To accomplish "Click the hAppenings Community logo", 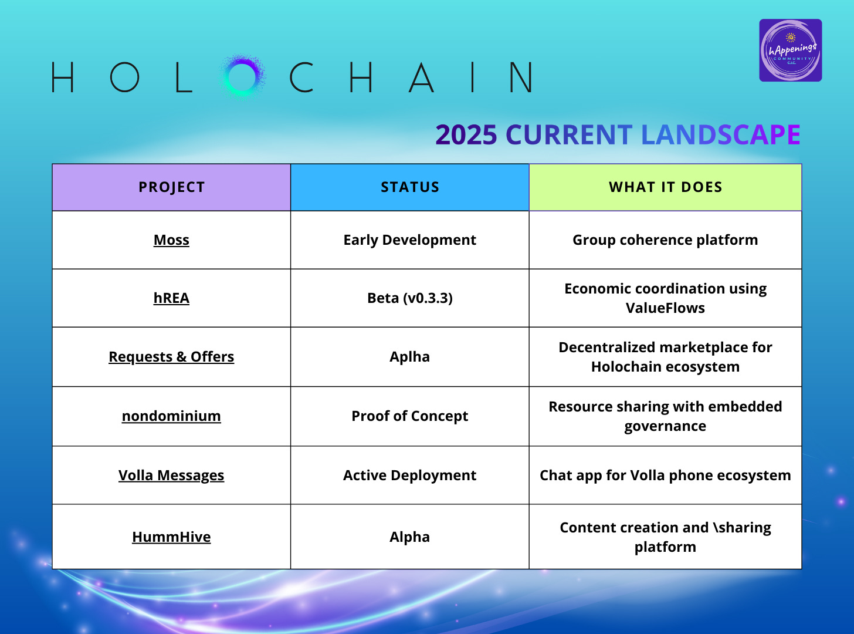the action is point(791,50).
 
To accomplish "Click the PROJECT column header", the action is point(171,187).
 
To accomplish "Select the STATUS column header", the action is point(409,187).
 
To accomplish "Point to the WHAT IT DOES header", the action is point(665,187).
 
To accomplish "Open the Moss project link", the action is point(171,240).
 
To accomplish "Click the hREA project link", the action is point(171,298).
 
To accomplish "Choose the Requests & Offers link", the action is point(171,356).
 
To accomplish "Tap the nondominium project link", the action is point(171,416).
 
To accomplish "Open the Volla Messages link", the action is point(171,475).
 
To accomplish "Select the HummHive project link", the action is point(171,537).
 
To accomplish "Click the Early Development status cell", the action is point(409,240).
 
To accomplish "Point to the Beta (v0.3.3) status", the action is point(409,298).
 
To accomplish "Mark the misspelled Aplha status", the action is point(409,357).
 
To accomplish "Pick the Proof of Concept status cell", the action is point(409,416).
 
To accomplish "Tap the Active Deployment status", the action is point(409,475).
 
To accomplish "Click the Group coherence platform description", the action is point(665,240).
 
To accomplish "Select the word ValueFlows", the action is point(665,308).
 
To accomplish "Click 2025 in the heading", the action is point(466,135).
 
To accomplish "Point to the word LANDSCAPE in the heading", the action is point(721,135).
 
